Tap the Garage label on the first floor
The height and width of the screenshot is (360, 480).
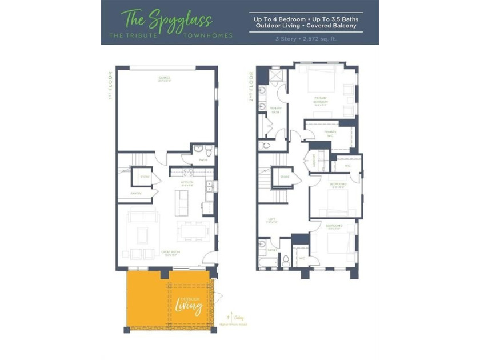(x=165, y=78)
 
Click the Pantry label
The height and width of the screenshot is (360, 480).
(x=136, y=193)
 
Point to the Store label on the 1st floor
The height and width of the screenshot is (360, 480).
(x=146, y=177)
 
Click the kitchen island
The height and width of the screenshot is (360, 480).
(x=182, y=202)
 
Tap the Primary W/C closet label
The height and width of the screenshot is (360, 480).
(x=330, y=132)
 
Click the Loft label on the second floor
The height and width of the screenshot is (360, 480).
(x=272, y=219)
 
